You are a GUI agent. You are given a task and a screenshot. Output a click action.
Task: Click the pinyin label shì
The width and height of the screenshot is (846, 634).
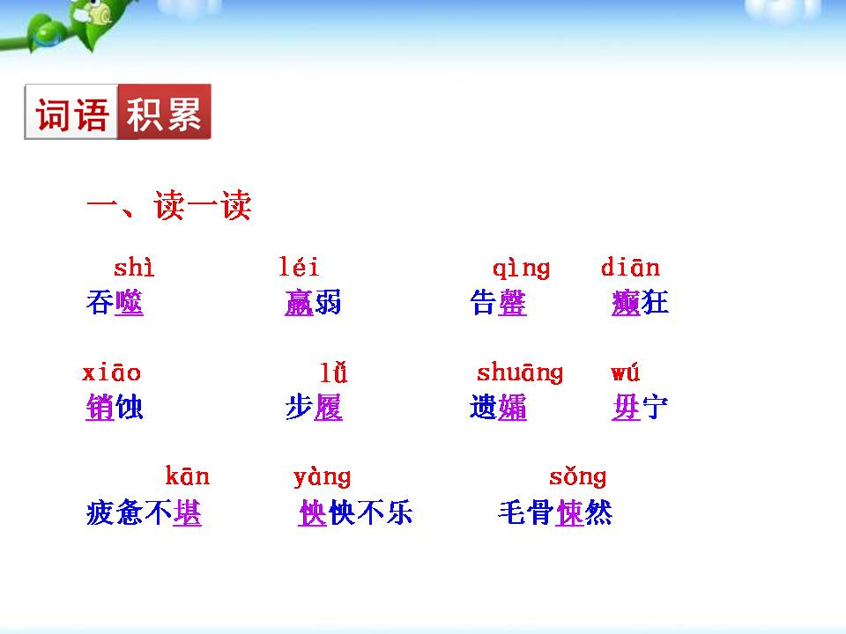(134, 268)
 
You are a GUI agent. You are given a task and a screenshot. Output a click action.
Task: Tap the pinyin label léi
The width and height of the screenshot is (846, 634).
(299, 267)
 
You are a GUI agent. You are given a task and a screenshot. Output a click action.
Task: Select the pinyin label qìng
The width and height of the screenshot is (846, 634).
(521, 268)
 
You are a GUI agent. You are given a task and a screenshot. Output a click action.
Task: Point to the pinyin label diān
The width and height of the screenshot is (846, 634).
(630, 267)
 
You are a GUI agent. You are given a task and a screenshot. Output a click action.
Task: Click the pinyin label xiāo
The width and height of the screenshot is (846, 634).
(111, 372)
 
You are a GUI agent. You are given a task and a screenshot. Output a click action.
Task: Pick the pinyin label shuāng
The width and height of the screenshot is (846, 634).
(519, 373)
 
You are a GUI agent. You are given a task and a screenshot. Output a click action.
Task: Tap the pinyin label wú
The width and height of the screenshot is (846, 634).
(625, 372)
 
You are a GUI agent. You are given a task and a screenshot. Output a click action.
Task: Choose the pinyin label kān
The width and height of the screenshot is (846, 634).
(187, 477)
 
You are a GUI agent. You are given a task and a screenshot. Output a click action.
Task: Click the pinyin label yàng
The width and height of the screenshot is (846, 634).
(322, 478)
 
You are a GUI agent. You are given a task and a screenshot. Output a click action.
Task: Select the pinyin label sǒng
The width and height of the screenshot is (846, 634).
(577, 477)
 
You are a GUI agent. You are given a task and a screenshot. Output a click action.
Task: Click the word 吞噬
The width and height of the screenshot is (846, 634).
(115, 303)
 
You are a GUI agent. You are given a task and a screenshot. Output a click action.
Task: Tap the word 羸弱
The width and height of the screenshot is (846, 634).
(313, 303)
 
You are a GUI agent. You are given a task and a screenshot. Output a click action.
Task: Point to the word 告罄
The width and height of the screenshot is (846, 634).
(499, 303)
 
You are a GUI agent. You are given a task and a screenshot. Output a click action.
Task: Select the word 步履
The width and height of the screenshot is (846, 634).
(314, 408)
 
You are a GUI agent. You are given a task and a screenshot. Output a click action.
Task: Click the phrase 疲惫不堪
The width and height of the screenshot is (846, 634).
(144, 512)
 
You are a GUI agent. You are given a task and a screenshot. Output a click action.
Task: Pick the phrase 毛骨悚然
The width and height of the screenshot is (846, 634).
(554, 512)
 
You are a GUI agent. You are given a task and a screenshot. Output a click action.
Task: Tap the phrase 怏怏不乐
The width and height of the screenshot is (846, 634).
(355, 512)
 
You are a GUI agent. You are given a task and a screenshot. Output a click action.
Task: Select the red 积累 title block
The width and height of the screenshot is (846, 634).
(165, 112)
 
